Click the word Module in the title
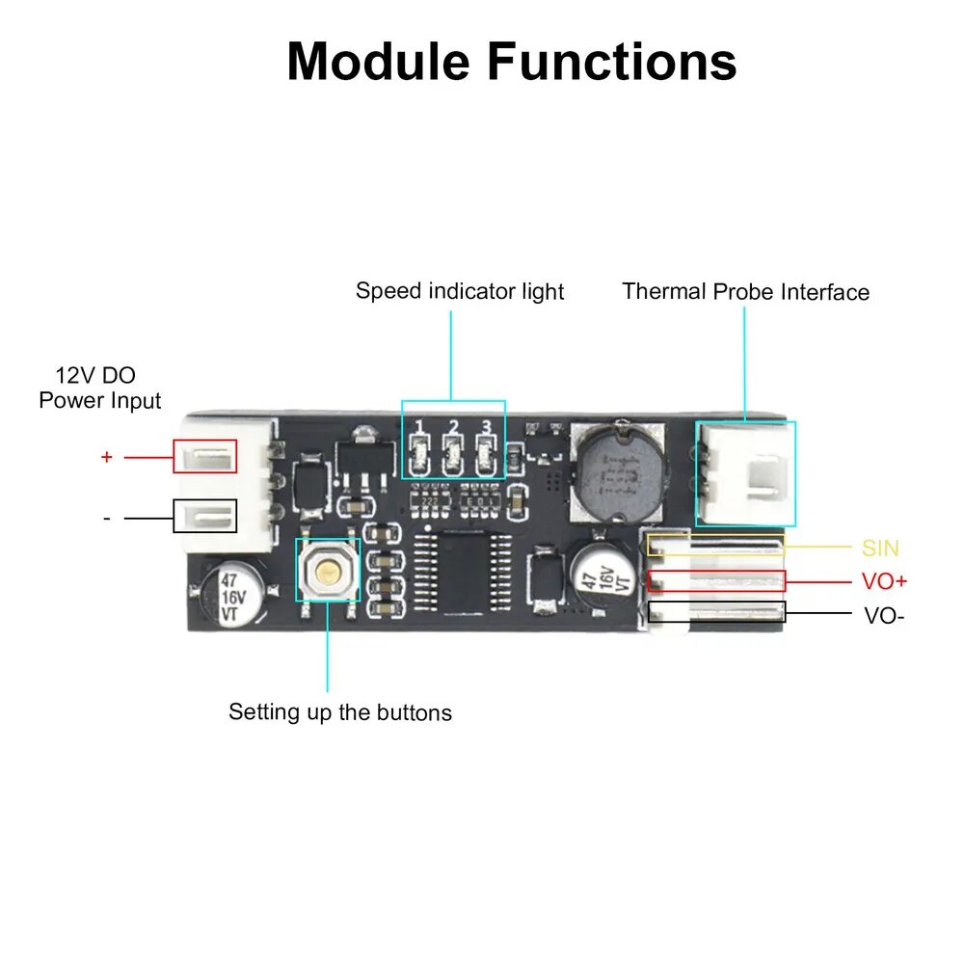[x=378, y=61]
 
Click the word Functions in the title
[x=612, y=61]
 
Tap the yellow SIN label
[x=880, y=548]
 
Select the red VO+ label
[x=884, y=581]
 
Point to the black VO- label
[x=884, y=615]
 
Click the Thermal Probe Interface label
[x=746, y=291]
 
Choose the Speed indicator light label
[x=460, y=291]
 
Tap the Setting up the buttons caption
[x=340, y=712]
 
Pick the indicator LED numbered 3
[x=485, y=456]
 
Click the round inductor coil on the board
[x=619, y=471]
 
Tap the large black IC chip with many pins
[x=463, y=573]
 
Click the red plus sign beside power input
[x=107, y=457]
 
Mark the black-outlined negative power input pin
[x=205, y=516]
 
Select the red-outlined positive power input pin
[x=205, y=456]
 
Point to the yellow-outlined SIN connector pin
[x=716, y=545]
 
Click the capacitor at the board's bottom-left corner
[x=232, y=595]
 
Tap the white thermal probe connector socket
[x=746, y=474]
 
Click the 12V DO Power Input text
[x=99, y=388]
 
